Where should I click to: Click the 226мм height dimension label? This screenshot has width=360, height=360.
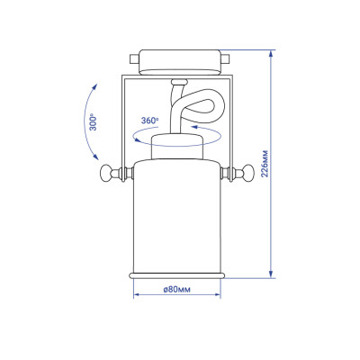265,163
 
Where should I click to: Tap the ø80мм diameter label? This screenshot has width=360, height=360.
177,289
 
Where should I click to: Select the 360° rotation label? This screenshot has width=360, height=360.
149,121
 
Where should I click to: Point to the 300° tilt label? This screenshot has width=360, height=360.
94,121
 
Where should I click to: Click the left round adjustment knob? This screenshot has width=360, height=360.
106,173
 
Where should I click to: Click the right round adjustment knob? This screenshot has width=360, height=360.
247,173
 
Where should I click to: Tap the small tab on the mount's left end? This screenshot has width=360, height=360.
134,58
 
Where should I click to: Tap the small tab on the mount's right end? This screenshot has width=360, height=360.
226,58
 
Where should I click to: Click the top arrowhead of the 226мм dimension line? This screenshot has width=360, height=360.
271,54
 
